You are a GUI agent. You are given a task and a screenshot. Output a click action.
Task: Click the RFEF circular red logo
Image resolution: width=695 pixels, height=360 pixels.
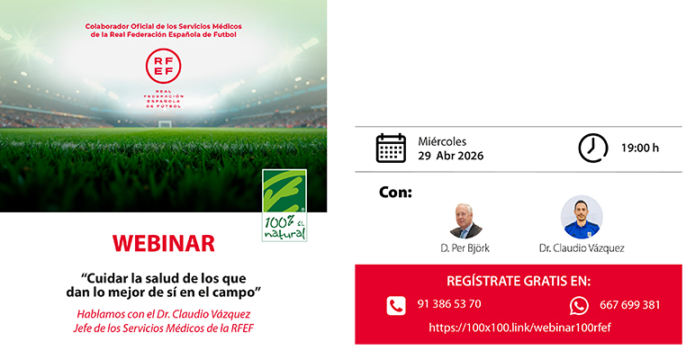164,67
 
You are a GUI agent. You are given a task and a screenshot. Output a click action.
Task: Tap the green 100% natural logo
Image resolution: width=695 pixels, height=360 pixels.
284,205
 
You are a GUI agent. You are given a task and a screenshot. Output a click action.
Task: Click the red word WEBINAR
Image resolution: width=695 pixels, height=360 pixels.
163,244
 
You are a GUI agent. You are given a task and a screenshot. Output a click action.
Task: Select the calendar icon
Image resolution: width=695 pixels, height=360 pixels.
391,148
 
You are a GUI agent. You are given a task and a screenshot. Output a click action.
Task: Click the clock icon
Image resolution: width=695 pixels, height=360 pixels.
592,148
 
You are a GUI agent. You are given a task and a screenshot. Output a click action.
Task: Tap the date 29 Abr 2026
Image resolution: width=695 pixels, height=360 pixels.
450,156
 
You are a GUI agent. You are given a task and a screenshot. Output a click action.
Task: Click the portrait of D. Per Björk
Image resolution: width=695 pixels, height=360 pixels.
466,219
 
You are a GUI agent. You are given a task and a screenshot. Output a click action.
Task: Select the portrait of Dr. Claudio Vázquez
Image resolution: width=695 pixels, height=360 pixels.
582,217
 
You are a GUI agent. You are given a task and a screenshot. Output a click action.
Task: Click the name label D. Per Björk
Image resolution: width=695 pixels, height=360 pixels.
466,247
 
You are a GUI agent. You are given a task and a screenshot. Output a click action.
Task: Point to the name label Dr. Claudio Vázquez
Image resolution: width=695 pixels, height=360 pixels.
582,247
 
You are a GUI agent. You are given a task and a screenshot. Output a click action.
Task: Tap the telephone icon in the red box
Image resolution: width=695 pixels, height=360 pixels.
396,305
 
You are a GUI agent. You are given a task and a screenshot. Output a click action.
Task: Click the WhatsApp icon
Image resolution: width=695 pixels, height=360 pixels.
579,305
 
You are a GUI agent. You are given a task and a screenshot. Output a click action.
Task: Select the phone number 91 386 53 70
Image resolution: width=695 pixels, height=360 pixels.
449,304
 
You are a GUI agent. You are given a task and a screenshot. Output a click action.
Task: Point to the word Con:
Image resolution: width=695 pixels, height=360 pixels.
396,192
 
